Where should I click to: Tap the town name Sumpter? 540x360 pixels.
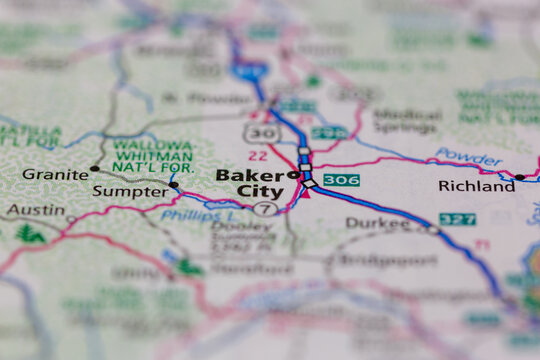(130, 191)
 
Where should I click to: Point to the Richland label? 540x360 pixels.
(476, 186)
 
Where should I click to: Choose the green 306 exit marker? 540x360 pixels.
(341, 180)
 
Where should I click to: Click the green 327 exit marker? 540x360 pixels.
(457, 219)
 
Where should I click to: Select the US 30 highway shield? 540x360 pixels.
(263, 133)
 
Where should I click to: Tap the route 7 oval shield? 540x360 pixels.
(264, 209)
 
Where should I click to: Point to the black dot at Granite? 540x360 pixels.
(94, 169)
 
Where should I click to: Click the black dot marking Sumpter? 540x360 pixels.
(174, 185)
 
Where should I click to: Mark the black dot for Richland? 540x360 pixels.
(519, 177)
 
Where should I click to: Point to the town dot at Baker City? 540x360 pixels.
(293, 175)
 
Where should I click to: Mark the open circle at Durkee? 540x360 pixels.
(432, 229)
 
